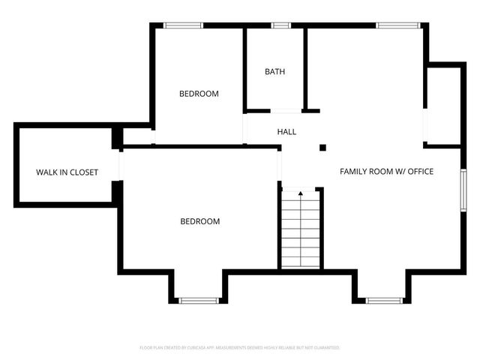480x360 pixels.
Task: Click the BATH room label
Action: pos(274,72)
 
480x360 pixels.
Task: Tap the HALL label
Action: pos(286,132)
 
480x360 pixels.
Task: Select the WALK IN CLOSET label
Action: pos(67,172)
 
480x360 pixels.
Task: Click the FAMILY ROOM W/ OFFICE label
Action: pos(387,172)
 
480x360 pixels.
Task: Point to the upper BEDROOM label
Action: pos(199,94)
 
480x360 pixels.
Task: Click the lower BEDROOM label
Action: pos(200,221)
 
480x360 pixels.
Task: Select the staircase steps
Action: pos(301,232)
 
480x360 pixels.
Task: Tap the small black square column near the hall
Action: pos(323,147)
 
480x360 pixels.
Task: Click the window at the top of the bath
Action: pos(281,25)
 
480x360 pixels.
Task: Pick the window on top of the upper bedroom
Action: pos(184,25)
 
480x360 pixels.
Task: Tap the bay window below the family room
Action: pos(385,301)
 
